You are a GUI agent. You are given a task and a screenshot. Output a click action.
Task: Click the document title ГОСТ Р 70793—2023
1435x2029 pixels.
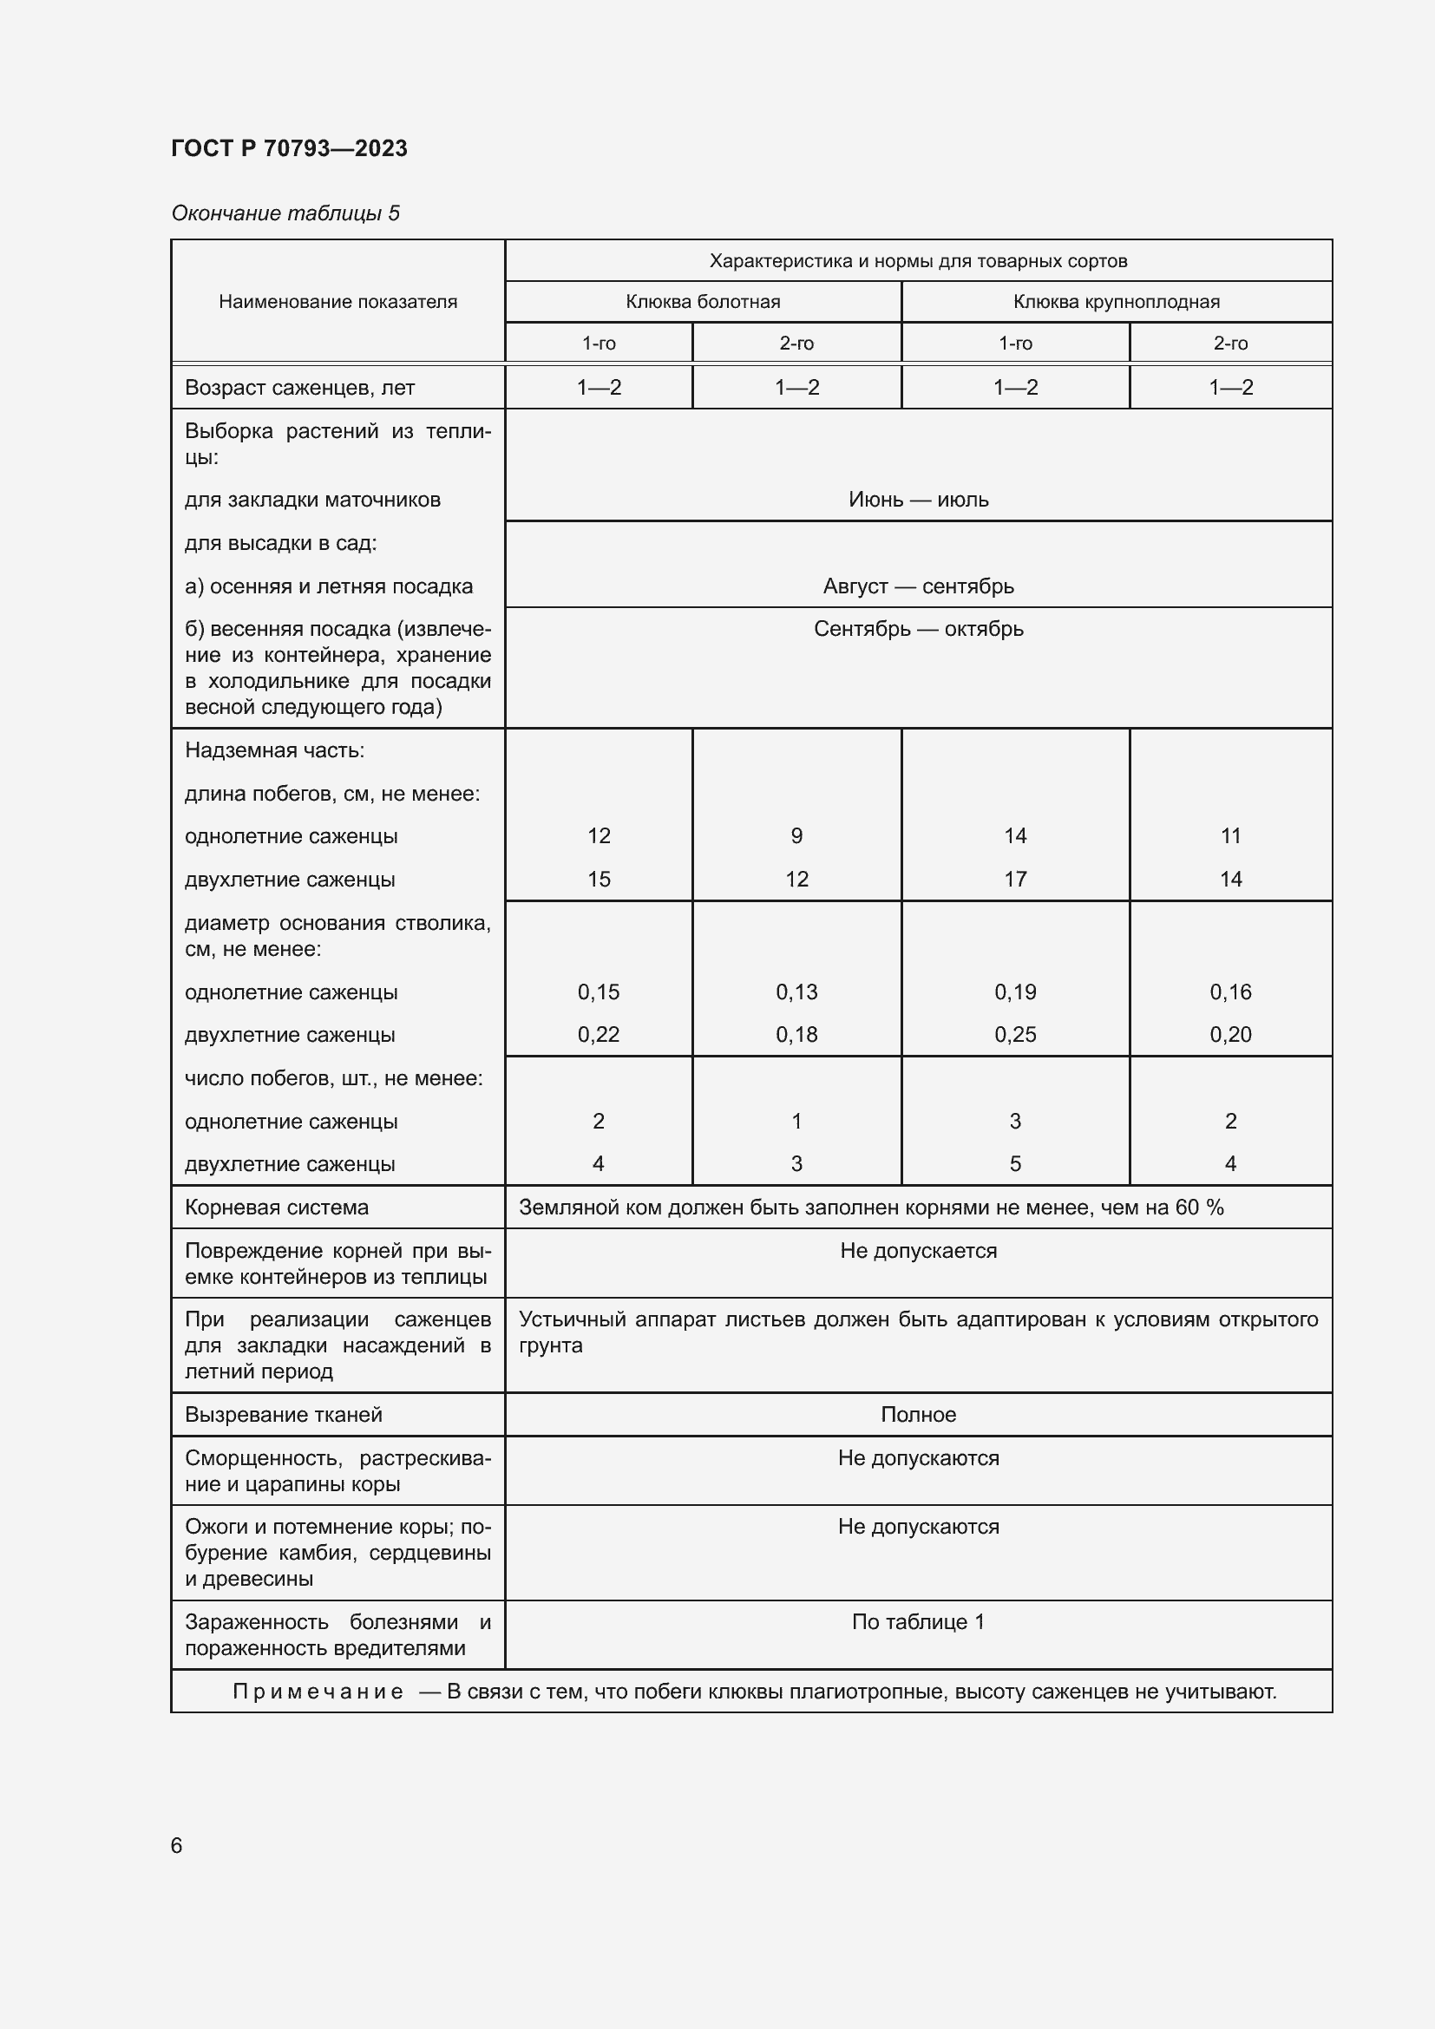click(x=289, y=148)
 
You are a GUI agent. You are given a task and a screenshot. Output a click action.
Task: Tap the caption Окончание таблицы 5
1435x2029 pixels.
click(x=285, y=213)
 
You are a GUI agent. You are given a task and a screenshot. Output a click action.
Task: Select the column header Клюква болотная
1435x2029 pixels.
click(x=703, y=301)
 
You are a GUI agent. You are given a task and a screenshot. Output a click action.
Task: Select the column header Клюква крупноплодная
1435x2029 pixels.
click(x=1116, y=301)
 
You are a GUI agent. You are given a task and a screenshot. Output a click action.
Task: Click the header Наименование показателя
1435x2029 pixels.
click(x=337, y=301)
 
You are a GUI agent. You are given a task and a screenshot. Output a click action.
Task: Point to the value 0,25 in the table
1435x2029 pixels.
click(x=1014, y=1034)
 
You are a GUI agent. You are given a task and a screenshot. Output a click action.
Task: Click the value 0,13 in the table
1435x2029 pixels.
click(x=796, y=992)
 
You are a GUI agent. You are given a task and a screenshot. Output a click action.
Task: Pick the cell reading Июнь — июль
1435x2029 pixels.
click(x=918, y=500)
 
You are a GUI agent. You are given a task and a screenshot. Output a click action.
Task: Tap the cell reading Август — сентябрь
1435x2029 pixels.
click(x=918, y=586)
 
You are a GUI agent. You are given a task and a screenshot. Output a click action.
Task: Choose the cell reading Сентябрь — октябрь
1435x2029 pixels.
click(x=918, y=629)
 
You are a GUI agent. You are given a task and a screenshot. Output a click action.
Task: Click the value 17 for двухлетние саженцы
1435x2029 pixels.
click(x=1014, y=880)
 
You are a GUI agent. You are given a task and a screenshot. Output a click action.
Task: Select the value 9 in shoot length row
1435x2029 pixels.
click(x=796, y=836)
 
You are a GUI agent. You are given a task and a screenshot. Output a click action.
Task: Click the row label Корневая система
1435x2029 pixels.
click(x=277, y=1208)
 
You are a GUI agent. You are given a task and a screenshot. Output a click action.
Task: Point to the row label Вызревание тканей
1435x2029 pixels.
click(x=283, y=1414)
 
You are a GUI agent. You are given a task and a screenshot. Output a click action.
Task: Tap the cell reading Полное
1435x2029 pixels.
click(x=918, y=1414)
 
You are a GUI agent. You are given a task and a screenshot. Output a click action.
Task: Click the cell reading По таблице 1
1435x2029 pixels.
click(x=918, y=1621)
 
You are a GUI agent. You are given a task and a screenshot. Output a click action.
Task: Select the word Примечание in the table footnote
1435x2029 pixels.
click(x=318, y=1692)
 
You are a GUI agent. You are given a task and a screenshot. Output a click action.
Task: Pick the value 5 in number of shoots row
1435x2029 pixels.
click(x=1014, y=1164)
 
